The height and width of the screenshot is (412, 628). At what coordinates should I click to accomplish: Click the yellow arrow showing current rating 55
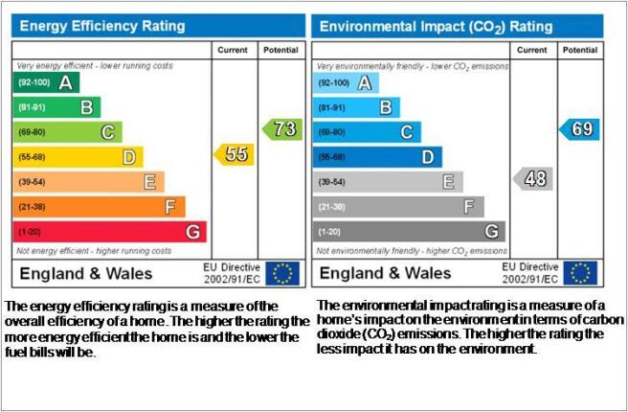pos(235,154)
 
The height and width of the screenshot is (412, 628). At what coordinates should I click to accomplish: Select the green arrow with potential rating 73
pos(282,129)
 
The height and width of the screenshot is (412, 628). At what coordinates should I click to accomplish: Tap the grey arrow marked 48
pos(533,179)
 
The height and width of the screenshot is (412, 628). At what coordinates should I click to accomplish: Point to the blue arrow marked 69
pos(579,129)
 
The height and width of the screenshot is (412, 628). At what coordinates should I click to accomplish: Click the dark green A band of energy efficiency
pos(46,82)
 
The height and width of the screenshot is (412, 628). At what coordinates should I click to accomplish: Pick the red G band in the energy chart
pos(110,232)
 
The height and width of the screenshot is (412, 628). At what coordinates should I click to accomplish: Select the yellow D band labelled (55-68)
pos(78,157)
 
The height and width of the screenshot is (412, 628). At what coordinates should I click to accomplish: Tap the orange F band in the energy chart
pos(99,207)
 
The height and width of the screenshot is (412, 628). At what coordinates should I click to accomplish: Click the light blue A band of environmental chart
pos(346,83)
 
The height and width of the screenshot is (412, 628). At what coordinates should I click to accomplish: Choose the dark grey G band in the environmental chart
pos(409,232)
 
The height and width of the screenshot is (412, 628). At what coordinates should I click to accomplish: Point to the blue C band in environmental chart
pos(367,132)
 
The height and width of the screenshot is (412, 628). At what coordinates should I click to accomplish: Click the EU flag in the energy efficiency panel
pos(282,273)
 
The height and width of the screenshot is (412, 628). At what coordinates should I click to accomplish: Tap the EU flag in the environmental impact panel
pos(580,273)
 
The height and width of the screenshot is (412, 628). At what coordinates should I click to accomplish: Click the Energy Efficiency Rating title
pos(102,26)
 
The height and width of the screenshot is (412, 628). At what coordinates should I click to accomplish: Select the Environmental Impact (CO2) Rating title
pos(437,27)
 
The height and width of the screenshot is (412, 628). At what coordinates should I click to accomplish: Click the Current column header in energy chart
pos(233,50)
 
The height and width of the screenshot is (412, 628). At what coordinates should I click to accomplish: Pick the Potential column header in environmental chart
pos(580,50)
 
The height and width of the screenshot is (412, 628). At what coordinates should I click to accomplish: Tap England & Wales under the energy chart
pos(86,274)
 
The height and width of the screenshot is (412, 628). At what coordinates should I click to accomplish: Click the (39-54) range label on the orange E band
pos(32,182)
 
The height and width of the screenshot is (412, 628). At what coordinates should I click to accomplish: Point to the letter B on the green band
pos(86,107)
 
